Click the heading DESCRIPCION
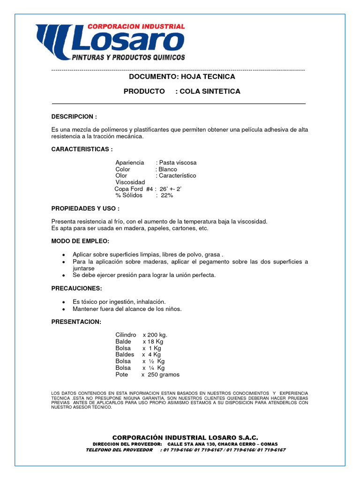(x=74, y=116)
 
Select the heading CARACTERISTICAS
(x=82, y=149)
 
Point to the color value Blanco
(x=168, y=169)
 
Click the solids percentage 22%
(x=167, y=195)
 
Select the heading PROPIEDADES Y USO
(x=85, y=208)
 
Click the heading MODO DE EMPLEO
(x=80, y=241)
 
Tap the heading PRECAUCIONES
(x=76, y=288)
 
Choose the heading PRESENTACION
(x=76, y=322)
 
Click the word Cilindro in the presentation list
(x=126, y=335)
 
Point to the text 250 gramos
(x=164, y=375)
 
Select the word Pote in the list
(x=121, y=375)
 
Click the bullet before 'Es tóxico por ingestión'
(x=63, y=302)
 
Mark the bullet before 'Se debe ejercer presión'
(x=63, y=275)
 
